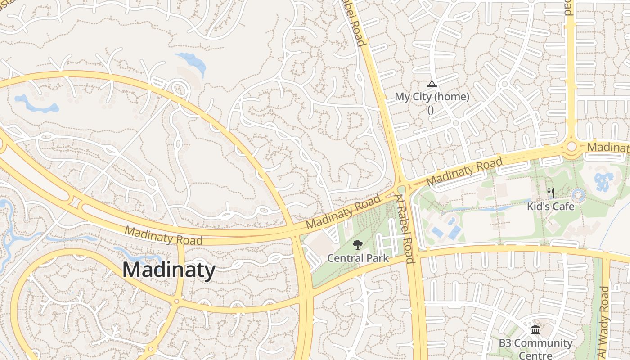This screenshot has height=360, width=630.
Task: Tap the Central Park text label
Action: (358, 258)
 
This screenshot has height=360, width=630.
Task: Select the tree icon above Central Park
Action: (358, 245)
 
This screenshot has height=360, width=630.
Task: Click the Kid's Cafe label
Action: (551, 207)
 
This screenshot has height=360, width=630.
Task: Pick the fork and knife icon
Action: (551, 193)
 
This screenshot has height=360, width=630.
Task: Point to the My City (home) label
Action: (432, 97)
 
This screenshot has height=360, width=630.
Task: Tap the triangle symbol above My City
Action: (432, 84)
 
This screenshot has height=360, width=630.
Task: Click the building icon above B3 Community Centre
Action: (535, 330)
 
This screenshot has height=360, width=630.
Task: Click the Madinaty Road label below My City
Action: (464, 172)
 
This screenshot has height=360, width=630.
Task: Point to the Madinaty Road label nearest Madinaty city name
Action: (163, 235)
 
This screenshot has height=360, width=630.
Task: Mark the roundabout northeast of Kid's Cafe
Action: (571, 147)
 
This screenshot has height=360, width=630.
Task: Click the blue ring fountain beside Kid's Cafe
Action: (578, 196)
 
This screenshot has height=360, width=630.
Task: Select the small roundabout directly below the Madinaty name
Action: (176, 301)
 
